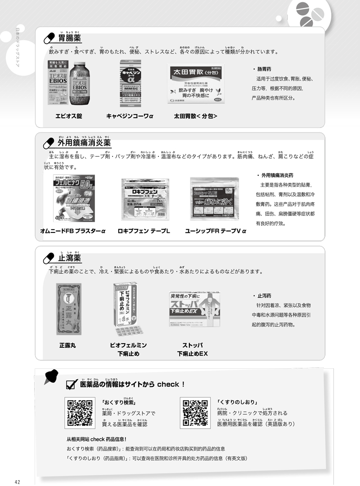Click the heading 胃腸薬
[71, 38]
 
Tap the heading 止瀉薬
[69, 258]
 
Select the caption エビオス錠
[68, 116]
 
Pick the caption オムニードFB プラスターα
[72, 231]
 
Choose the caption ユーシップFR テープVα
[216, 231]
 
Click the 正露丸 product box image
[69, 309]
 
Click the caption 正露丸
[68, 345]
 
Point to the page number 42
[18, 481]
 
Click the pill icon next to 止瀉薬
[48, 258]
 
